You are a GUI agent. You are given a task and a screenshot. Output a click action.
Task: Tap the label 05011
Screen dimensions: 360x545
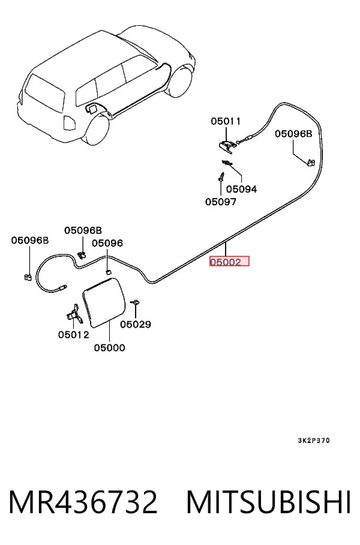tap(226, 121)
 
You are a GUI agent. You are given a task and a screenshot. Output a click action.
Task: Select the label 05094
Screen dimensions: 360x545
tap(242, 189)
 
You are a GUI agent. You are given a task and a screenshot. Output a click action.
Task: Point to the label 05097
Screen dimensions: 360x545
tap(221, 202)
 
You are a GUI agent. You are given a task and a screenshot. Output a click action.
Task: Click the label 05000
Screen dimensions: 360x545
tap(109, 348)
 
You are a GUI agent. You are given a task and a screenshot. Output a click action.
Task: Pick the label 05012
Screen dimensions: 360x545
tap(74, 335)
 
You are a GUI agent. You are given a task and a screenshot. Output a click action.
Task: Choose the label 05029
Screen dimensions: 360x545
tap(136, 324)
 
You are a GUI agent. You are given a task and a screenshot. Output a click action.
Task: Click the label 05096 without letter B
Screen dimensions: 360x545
tap(107, 243)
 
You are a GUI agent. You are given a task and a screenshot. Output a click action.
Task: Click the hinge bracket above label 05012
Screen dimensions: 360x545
tap(74, 314)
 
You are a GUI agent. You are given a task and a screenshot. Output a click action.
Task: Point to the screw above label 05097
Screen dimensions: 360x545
tap(221, 176)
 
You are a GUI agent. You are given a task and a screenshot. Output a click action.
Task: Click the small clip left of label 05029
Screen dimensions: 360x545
tap(135, 303)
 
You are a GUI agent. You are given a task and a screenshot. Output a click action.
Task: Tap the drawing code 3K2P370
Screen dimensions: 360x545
tap(314, 441)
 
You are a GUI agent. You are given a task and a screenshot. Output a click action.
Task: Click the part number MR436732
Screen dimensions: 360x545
tap(83, 502)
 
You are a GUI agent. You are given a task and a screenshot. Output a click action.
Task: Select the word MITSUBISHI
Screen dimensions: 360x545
tap(268, 502)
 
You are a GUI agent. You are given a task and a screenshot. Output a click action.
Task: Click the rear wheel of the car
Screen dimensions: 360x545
tap(96, 130)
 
